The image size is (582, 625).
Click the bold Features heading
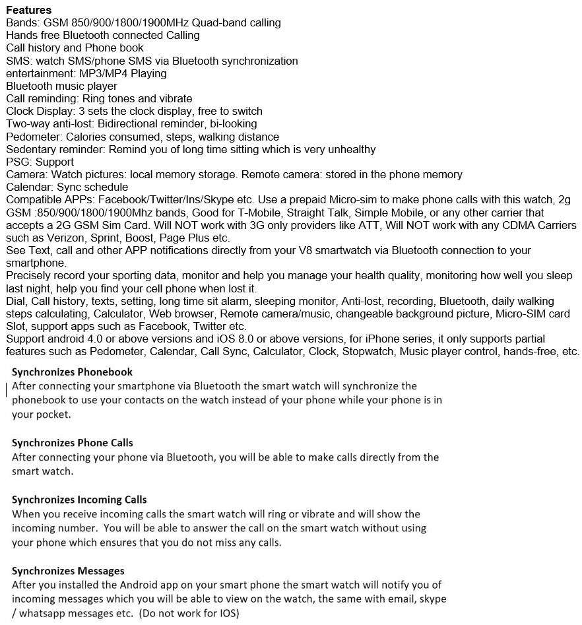28,10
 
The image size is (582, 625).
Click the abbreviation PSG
18,162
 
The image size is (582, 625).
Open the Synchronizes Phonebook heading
72,372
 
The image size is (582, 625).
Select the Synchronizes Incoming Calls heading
79,500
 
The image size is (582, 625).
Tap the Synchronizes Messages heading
68,570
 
